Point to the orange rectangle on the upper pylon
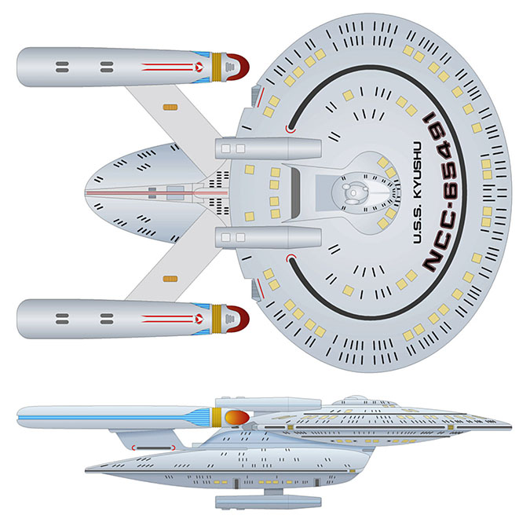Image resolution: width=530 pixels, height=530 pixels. tap(167, 106)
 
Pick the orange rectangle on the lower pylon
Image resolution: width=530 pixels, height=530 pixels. tap(167, 278)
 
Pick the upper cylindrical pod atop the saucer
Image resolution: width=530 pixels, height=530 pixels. tap(267, 148)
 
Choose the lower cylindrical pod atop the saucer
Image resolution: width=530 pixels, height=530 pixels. tap(267, 237)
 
